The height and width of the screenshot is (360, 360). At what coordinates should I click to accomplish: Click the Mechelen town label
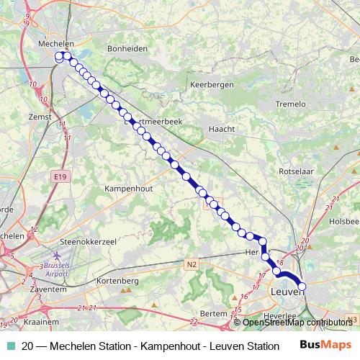pos(56,43)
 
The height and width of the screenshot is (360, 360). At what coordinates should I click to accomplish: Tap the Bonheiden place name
pos(127,48)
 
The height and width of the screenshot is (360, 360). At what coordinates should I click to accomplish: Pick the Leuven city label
pos(286,294)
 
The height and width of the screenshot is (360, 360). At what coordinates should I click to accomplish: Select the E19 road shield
pos(60,176)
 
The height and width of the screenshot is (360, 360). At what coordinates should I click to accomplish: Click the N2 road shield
pos(192,264)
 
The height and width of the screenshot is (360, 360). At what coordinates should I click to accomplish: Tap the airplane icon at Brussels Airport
pos(57,257)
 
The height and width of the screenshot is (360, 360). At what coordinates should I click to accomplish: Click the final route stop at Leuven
pos(302,287)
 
